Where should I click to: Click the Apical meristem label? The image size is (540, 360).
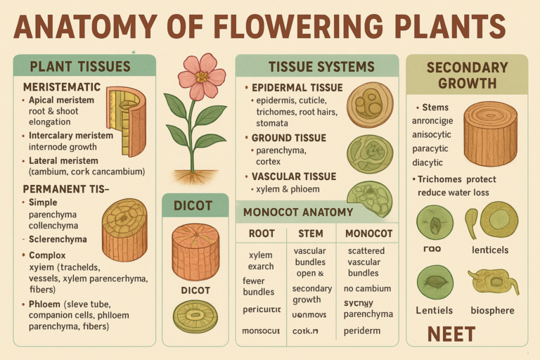point(63,101)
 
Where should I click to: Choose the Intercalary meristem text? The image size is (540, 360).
point(70,136)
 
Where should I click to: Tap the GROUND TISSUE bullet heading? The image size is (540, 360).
point(289,138)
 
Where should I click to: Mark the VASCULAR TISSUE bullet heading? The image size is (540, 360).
point(294,176)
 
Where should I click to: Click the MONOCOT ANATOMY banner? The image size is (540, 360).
point(297,212)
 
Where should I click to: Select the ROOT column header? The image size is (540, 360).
point(261,233)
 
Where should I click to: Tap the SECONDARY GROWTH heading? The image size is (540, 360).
point(467,75)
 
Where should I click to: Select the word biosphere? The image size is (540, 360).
point(491,310)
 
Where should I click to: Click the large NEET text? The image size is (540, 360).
point(451,333)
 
